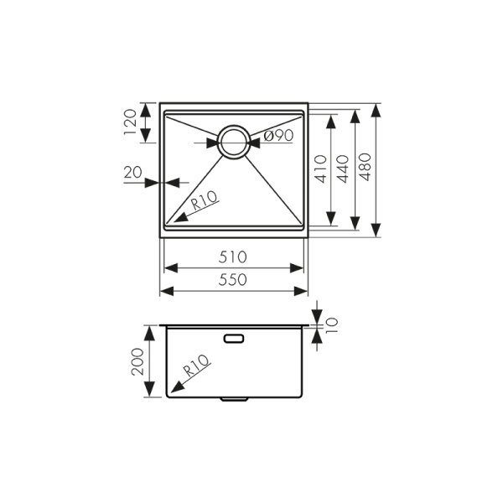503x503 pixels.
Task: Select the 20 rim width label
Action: coord(132,173)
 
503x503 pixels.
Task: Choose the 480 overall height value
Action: coord(366,173)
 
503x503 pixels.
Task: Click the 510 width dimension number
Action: coord(233,257)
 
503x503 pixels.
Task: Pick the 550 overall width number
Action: coord(233,280)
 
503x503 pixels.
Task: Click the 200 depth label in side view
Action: coord(137,362)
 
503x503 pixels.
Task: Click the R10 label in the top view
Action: coord(204,201)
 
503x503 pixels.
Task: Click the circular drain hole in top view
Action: coord(234,142)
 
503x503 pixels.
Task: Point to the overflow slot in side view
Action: coord(234,339)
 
